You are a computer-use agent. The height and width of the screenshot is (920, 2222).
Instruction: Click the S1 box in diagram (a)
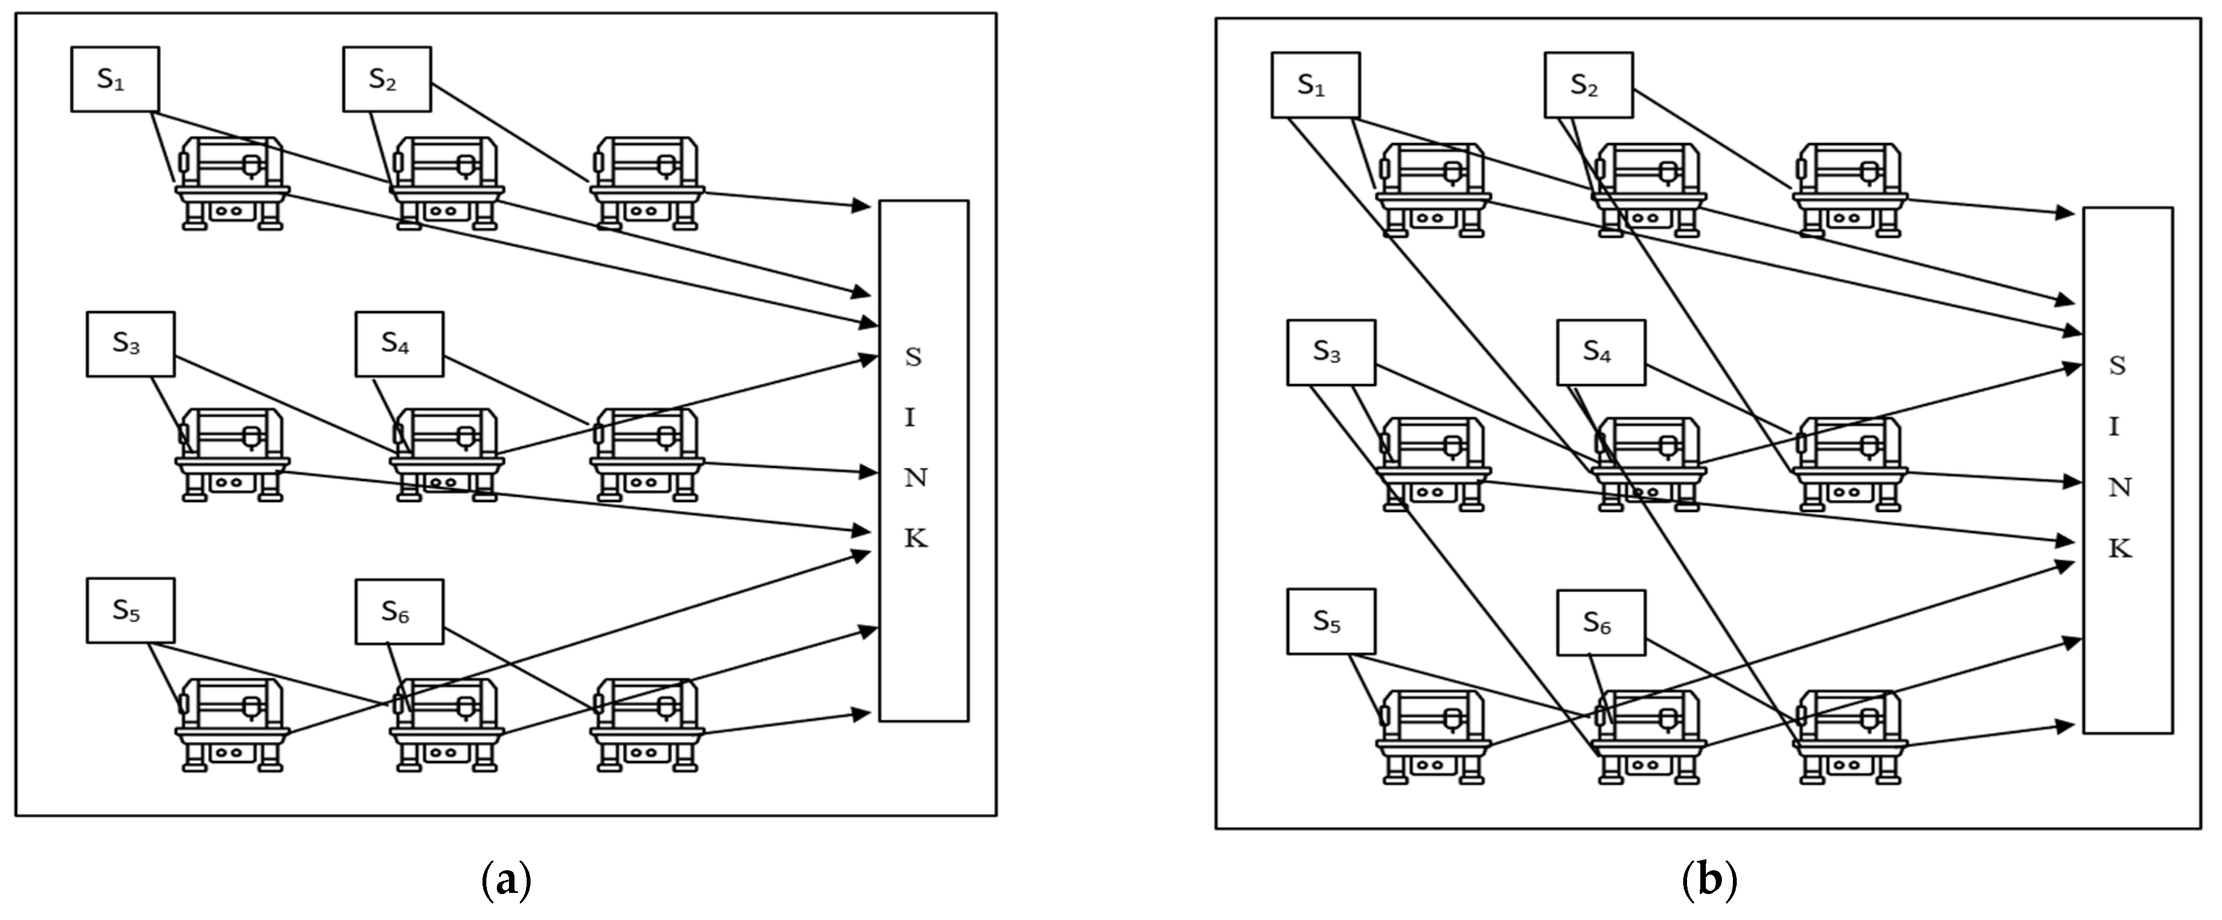(x=115, y=80)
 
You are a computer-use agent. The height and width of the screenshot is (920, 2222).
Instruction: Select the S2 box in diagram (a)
(x=386, y=80)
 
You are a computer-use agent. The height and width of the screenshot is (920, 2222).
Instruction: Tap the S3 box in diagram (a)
(x=130, y=344)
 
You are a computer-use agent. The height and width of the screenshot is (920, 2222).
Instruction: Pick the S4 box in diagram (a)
(x=399, y=344)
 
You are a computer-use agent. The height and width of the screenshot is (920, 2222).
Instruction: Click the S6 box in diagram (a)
(x=399, y=612)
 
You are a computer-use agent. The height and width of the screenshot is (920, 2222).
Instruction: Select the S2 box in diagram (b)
(x=1588, y=86)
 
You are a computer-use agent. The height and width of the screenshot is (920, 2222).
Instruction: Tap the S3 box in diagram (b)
(x=1331, y=352)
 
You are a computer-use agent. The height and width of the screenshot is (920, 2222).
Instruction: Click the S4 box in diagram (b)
(x=1601, y=352)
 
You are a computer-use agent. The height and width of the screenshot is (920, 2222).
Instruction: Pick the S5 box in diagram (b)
(x=1331, y=622)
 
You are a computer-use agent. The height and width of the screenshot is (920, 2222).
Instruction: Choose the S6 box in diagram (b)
(x=1601, y=623)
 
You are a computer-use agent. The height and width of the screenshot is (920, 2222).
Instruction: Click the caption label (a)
(x=505, y=880)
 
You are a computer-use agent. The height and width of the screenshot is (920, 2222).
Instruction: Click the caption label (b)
(x=1709, y=880)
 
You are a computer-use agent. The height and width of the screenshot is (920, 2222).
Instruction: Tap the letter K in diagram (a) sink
(x=915, y=539)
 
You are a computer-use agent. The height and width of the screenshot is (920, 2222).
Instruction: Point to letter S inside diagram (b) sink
(x=2117, y=366)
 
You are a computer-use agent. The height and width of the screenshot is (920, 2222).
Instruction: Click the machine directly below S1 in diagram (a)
(x=232, y=183)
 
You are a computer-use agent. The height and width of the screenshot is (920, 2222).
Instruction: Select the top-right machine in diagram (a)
(x=647, y=183)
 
